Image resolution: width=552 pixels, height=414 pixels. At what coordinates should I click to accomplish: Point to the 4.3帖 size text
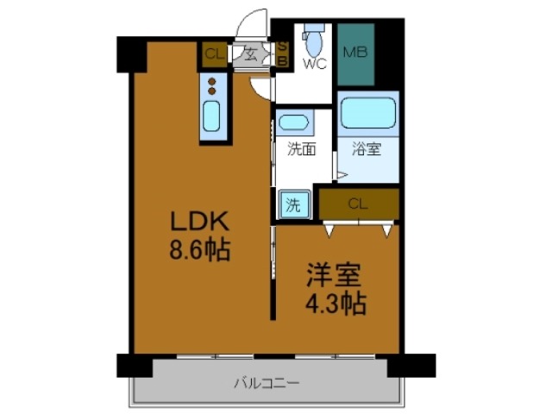coord(334,304)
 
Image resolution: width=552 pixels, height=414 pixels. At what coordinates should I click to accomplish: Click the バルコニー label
coord(266,382)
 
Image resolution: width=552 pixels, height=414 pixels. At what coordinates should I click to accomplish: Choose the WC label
coord(314,64)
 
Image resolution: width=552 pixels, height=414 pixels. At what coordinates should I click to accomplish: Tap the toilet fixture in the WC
coord(315,38)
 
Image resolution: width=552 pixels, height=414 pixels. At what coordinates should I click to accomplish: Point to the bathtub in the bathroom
coord(367,112)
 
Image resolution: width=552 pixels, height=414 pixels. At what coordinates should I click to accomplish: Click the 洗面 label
coord(301,148)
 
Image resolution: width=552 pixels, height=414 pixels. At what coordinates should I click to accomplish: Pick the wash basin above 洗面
coord(296,122)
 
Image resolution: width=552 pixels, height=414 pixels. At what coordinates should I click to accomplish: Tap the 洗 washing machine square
coord(292,205)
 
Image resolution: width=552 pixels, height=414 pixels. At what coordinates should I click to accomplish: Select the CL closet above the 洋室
coord(358,204)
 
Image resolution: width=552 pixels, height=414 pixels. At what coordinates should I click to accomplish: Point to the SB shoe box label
coord(282,53)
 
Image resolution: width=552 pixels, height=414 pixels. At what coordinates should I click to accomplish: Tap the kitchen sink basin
coord(212,117)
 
